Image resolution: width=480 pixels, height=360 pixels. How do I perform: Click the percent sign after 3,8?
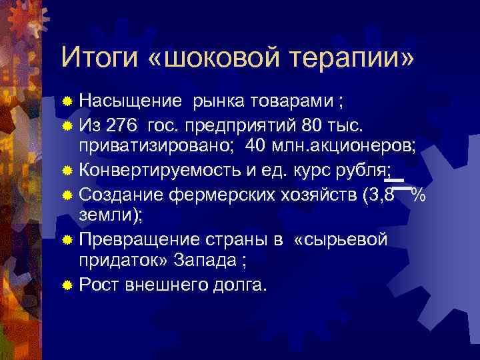[418, 194]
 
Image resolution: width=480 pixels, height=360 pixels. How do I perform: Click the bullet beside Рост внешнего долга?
[67, 285]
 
